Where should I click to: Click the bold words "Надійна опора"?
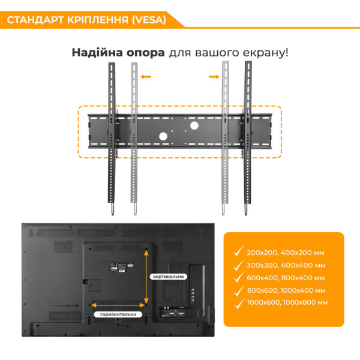[x=118, y=52]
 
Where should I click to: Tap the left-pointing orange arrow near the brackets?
[x=145, y=76]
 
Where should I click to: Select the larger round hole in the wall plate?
[x=194, y=127]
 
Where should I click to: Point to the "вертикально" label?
[x=169, y=276]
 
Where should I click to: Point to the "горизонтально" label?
[x=118, y=314]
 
